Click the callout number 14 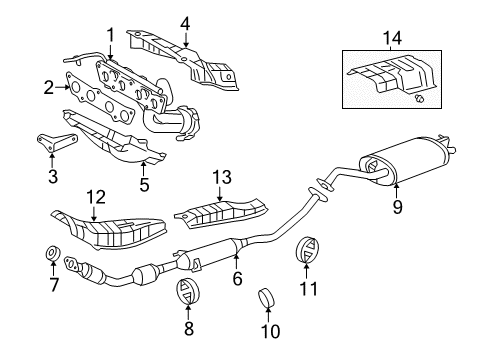pyautogui.click(x=392, y=38)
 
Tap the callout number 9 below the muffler pyautogui.click(x=397, y=207)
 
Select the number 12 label pyautogui.click(x=96, y=197)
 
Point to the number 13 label pyautogui.click(x=222, y=177)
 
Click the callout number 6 pyautogui.click(x=237, y=278)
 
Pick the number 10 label pyautogui.click(x=270, y=331)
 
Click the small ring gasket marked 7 pyautogui.click(x=53, y=254)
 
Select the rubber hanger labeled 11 pyautogui.click(x=307, y=251)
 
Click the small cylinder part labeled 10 pyautogui.click(x=267, y=298)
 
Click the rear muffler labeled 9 pyautogui.click(x=407, y=159)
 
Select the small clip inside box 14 pyautogui.click(x=420, y=98)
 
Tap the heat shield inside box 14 pyautogui.click(x=392, y=74)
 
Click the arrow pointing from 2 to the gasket pyautogui.click(x=62, y=87)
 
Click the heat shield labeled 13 pyautogui.click(x=221, y=214)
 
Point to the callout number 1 pyautogui.click(x=110, y=35)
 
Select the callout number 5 pyautogui.click(x=144, y=185)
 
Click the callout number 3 pyautogui.click(x=53, y=177)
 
